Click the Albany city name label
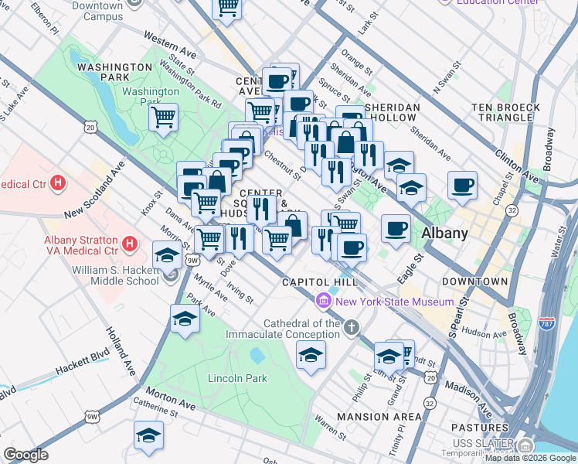(445, 234)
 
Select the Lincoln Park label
(237, 378)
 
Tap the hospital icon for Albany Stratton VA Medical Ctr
(130, 244)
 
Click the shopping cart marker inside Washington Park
(163, 118)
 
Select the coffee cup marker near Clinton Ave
(462, 185)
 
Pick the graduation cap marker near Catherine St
(148, 435)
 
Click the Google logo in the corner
(25, 455)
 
